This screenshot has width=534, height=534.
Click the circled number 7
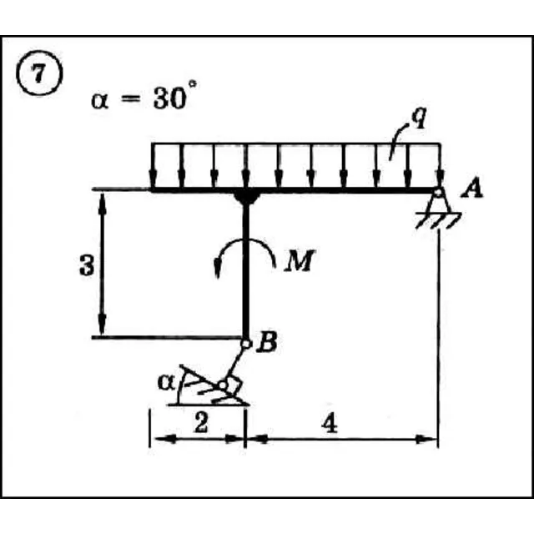click(39, 73)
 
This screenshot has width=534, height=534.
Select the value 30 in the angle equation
click(169, 99)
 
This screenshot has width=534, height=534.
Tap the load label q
click(419, 118)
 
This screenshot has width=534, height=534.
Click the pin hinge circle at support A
click(439, 193)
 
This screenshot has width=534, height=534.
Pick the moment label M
click(300, 260)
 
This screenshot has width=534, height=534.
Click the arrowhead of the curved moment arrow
click(217, 269)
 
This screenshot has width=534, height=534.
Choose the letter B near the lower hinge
click(266, 342)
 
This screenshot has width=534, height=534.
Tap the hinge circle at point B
click(245, 344)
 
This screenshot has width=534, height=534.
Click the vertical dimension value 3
click(87, 265)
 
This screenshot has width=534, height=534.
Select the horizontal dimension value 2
click(200, 423)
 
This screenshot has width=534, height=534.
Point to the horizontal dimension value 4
click(330, 425)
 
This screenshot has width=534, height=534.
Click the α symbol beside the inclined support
click(166, 383)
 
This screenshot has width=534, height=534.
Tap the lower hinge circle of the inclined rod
click(223, 385)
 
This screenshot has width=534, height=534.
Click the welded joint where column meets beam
click(246, 198)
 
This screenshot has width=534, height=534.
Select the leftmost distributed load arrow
click(153, 165)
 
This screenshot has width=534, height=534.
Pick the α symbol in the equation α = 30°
click(100, 101)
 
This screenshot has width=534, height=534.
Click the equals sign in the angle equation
click(131, 98)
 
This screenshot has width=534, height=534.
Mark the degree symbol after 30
click(193, 84)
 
